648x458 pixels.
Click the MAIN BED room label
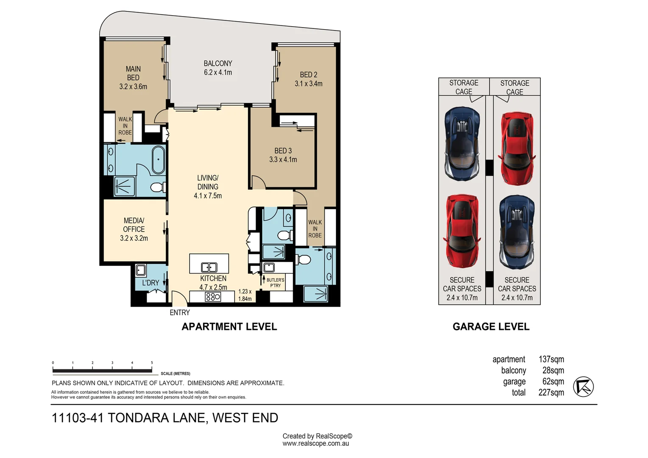click(133, 78)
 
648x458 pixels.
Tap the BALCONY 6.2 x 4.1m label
click(218, 68)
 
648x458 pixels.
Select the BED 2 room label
click(309, 79)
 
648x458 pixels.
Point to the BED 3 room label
click(283, 155)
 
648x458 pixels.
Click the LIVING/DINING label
click(208, 187)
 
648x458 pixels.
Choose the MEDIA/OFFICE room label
click(134, 229)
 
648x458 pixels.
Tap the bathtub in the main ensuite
click(158, 160)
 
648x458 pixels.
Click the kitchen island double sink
click(209, 267)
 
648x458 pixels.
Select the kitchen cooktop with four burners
click(212, 297)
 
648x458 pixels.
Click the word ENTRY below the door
click(180, 313)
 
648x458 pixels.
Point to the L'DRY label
click(151, 283)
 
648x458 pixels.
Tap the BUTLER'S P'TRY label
click(275, 282)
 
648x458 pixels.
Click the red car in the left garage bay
click(462, 231)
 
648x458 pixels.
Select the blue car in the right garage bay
click(517, 232)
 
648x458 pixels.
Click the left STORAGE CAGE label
click(464, 87)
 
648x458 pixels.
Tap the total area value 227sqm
click(551, 393)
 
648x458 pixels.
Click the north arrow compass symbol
click(583, 387)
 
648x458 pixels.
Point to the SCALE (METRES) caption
click(176, 374)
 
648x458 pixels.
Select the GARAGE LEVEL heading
click(491, 327)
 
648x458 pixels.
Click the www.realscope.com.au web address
click(316, 444)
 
